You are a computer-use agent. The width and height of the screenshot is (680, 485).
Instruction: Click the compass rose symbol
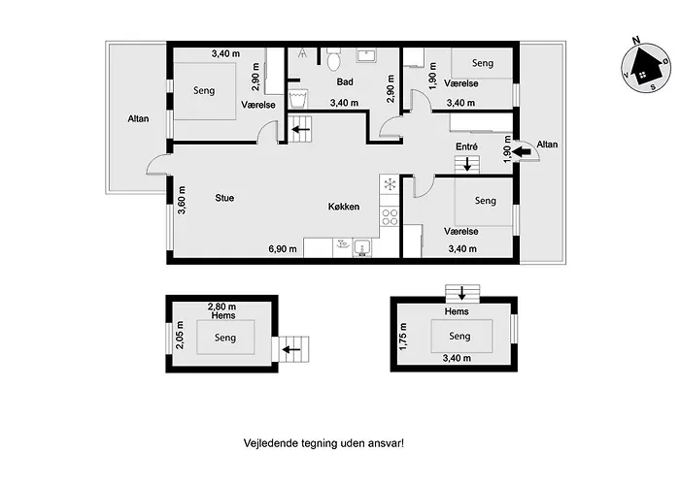point(645,67)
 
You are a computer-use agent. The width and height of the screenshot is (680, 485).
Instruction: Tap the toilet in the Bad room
point(333,60)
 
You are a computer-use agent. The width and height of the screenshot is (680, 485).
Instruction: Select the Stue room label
point(224,198)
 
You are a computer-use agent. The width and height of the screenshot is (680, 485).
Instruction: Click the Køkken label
point(344,207)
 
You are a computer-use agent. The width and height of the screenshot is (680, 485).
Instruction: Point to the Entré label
point(466,146)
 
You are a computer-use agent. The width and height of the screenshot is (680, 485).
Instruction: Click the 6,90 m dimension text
point(283,249)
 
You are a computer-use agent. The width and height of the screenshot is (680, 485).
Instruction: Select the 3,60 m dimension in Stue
point(182,200)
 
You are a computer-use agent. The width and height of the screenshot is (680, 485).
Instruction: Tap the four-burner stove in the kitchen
point(390,216)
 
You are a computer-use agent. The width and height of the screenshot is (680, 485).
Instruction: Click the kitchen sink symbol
point(361,248)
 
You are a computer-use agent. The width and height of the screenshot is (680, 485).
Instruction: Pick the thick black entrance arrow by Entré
point(523,151)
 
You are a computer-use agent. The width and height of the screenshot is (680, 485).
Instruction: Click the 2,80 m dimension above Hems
point(221,307)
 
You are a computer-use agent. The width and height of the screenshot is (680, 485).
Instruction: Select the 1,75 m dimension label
point(403,337)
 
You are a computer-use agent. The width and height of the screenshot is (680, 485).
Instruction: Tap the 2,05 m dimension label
point(180,335)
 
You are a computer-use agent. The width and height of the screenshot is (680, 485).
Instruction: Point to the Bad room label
point(345,81)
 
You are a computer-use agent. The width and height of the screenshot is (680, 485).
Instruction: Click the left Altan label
point(138,118)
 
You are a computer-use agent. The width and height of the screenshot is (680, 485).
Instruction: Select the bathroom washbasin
point(366,55)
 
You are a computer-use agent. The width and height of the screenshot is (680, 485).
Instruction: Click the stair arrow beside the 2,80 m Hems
point(291,349)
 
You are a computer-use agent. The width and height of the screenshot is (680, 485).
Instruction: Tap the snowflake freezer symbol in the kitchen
point(390,184)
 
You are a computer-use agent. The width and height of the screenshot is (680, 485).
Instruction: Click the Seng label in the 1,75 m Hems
point(459,337)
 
